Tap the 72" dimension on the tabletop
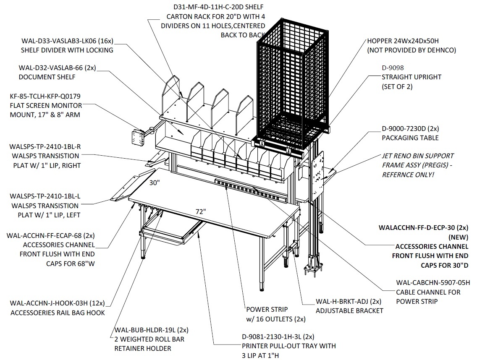tap(201, 211)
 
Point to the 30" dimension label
tap(155, 183)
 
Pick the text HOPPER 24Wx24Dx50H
tap(403, 41)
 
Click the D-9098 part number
tap(393, 68)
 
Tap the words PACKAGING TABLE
tap(410, 138)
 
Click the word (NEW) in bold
tap(459, 237)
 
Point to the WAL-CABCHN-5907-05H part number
tap(433, 282)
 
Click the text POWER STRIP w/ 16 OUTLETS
tap(275, 314)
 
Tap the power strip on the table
tap(251, 191)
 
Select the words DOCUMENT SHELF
tap(47, 77)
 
